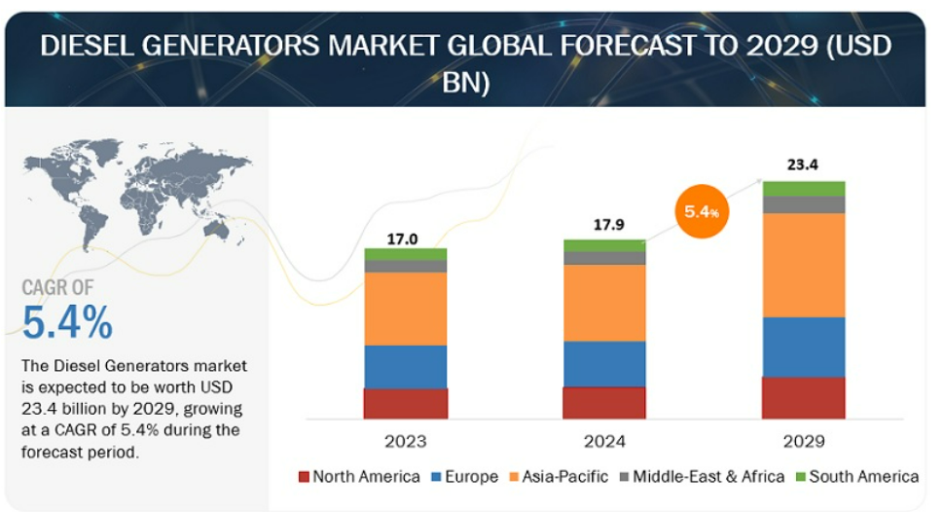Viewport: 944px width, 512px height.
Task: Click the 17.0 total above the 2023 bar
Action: pyautogui.click(x=402, y=239)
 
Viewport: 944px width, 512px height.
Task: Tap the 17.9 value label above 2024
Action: pyautogui.click(x=608, y=225)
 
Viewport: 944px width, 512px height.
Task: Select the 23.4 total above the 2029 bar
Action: pyautogui.click(x=803, y=165)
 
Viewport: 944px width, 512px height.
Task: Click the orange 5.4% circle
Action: pyautogui.click(x=702, y=211)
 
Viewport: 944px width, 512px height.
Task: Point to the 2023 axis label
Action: pyautogui.click(x=405, y=442)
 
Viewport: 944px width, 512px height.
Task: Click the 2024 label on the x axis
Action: pyautogui.click(x=604, y=442)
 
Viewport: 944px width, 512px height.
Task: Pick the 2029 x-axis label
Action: pyautogui.click(x=804, y=442)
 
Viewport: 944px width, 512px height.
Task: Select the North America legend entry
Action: pyautogui.click(x=359, y=476)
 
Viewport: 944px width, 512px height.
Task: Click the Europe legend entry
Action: pyautogui.click(x=465, y=476)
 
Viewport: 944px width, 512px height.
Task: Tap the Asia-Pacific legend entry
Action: pyautogui.click(x=559, y=476)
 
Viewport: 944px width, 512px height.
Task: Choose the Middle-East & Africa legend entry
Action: pyautogui.click(x=702, y=476)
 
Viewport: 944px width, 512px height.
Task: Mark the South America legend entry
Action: pyautogui.click(x=857, y=476)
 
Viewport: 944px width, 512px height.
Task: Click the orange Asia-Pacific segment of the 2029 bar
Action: pyautogui.click(x=803, y=265)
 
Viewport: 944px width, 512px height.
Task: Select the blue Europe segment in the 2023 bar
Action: pyautogui.click(x=405, y=367)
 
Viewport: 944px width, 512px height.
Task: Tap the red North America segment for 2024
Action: pyautogui.click(x=604, y=402)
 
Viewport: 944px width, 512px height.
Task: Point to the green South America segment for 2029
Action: pyautogui.click(x=803, y=189)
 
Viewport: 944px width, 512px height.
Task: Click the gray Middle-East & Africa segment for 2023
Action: pyautogui.click(x=405, y=267)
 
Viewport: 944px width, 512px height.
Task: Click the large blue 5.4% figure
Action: pyautogui.click(x=67, y=322)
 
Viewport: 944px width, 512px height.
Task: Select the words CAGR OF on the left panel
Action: pyautogui.click(x=57, y=287)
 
